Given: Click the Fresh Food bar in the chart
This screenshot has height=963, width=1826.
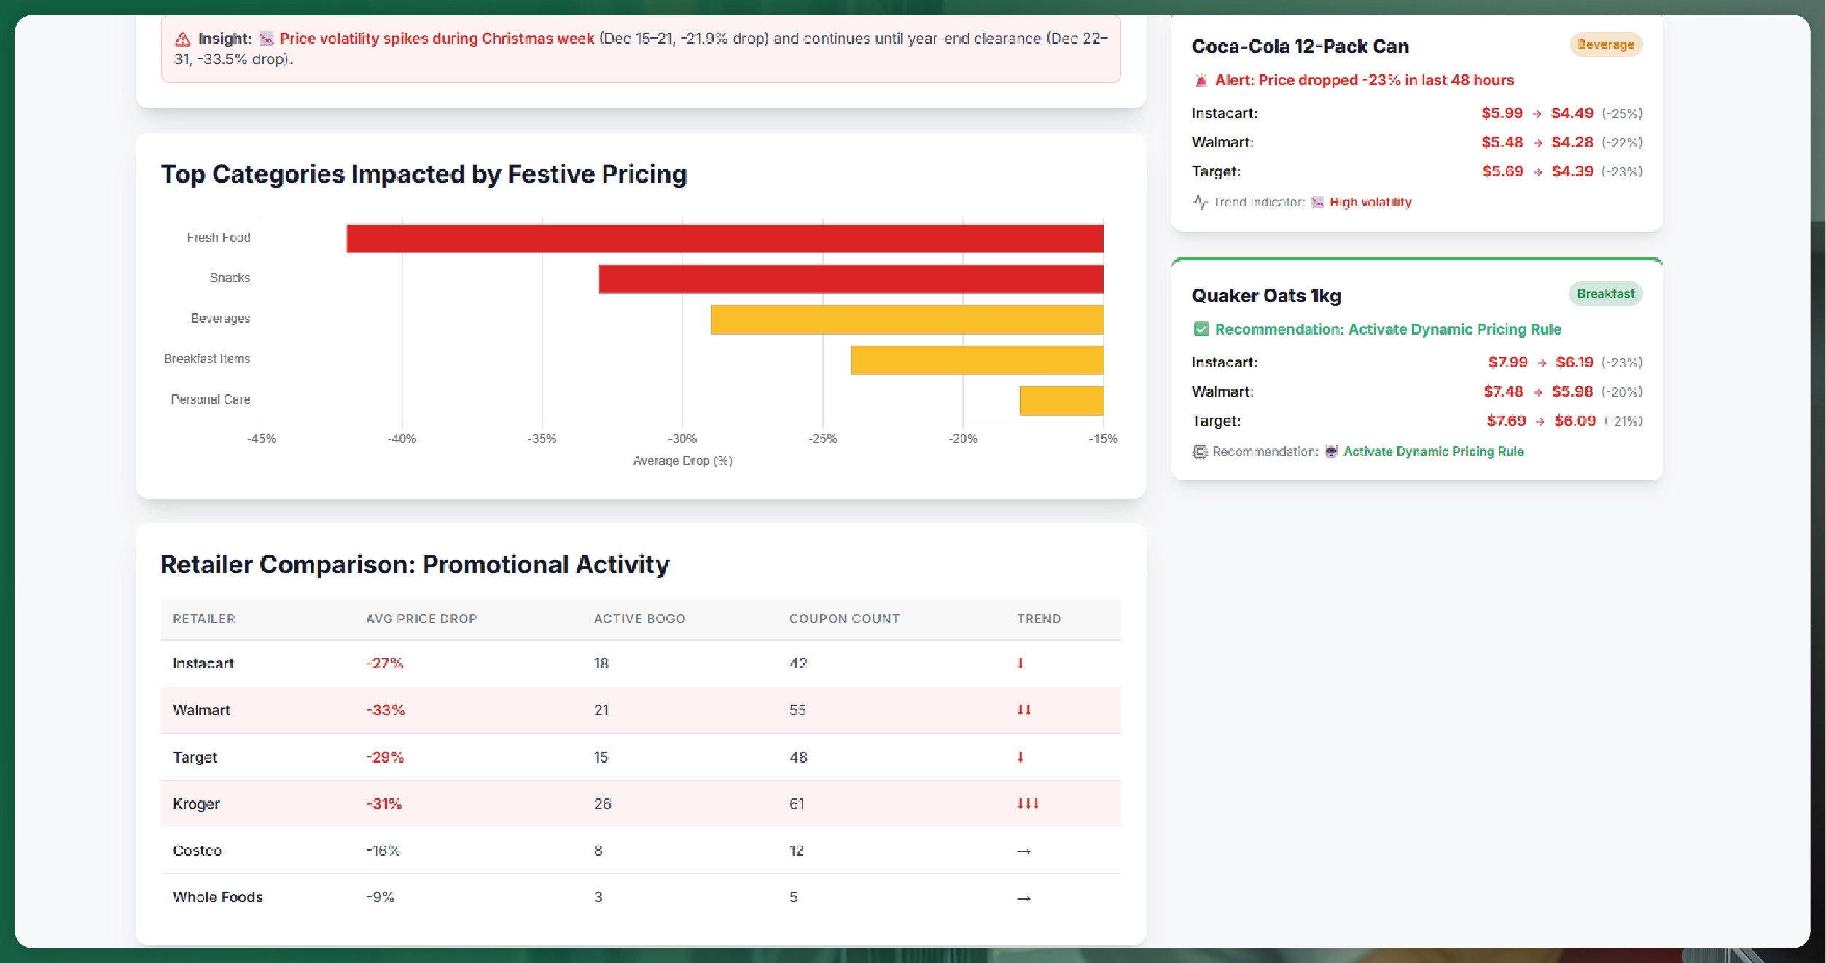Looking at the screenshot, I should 725,238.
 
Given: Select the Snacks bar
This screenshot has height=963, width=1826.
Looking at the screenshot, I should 851,278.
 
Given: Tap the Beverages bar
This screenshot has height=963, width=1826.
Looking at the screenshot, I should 907,319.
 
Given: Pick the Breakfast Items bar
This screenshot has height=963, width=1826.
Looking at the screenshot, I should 977,359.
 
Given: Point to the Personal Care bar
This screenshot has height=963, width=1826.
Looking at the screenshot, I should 1061,400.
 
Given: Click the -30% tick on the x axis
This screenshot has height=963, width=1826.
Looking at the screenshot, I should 682,439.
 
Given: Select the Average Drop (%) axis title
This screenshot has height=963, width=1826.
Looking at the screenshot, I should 682,461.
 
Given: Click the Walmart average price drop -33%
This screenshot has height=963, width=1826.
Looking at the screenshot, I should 385,710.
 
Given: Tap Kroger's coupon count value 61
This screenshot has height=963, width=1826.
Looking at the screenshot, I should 797,803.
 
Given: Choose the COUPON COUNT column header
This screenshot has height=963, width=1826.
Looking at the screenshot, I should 844,619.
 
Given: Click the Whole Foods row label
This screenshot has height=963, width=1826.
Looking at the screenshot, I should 218,897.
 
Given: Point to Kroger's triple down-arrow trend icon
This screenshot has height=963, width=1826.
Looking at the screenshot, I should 1028,803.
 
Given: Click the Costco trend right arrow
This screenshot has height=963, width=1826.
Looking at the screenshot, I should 1023,851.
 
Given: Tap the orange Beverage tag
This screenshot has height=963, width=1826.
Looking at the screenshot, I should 1605,44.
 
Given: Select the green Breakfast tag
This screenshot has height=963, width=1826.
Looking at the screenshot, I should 1605,294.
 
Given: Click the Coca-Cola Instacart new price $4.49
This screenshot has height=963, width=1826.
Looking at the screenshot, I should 1572,113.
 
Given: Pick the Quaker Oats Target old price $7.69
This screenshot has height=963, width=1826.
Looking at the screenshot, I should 1506,421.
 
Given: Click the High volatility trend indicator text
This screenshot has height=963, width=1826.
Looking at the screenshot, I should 1370,202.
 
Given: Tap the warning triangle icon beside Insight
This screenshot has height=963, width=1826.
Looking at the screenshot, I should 182,39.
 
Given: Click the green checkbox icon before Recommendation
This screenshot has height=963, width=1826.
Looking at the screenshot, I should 1201,330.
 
